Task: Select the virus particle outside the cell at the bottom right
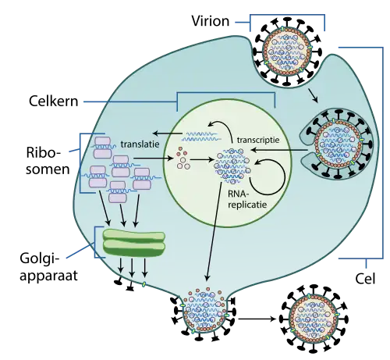click(x=312, y=320)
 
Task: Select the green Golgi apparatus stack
click(x=135, y=243)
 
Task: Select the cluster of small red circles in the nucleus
click(x=184, y=156)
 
